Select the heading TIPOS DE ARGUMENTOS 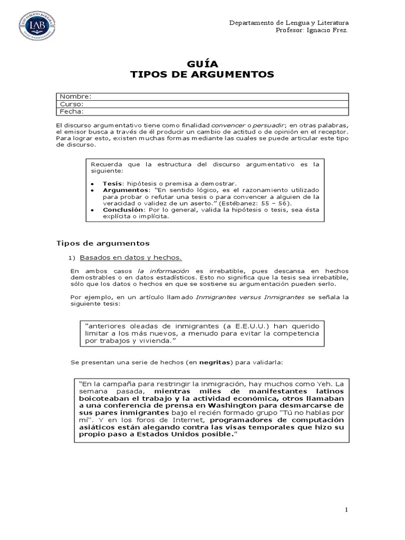click(x=202, y=74)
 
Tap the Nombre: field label click(x=75, y=97)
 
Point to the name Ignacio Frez click(x=327, y=30)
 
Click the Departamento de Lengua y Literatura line click(x=288, y=23)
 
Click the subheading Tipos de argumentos click(x=103, y=243)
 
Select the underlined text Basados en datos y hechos click(x=130, y=257)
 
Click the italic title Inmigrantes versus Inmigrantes click(x=250, y=297)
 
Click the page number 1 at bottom click(x=346, y=510)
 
